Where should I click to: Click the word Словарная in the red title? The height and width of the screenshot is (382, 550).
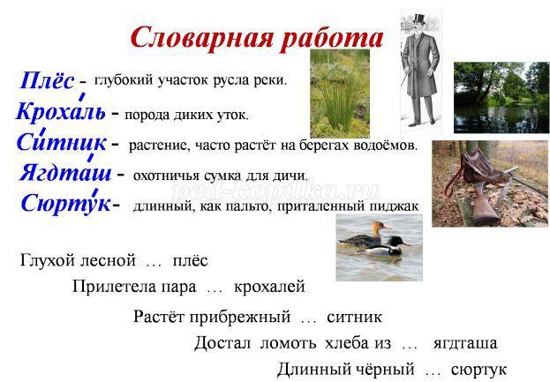pyautogui.click(x=201, y=38)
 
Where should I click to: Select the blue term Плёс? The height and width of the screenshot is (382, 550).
pyautogui.click(x=47, y=80)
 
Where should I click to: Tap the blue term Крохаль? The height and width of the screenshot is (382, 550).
pyautogui.click(x=61, y=111)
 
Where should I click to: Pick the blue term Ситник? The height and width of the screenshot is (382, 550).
pyautogui.click(x=62, y=143)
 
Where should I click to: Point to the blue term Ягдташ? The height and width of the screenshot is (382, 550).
pyautogui.click(x=65, y=172)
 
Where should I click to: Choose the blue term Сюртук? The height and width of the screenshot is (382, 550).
pyautogui.click(x=66, y=203)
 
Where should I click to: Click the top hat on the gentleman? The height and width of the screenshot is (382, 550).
pyautogui.click(x=419, y=19)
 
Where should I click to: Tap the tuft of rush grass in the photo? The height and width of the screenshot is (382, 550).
pyautogui.click(x=337, y=101)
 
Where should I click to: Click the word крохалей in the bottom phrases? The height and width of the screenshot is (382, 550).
pyautogui.click(x=269, y=287)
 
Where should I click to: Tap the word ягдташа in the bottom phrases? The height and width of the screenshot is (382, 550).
pyautogui.click(x=465, y=343)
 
